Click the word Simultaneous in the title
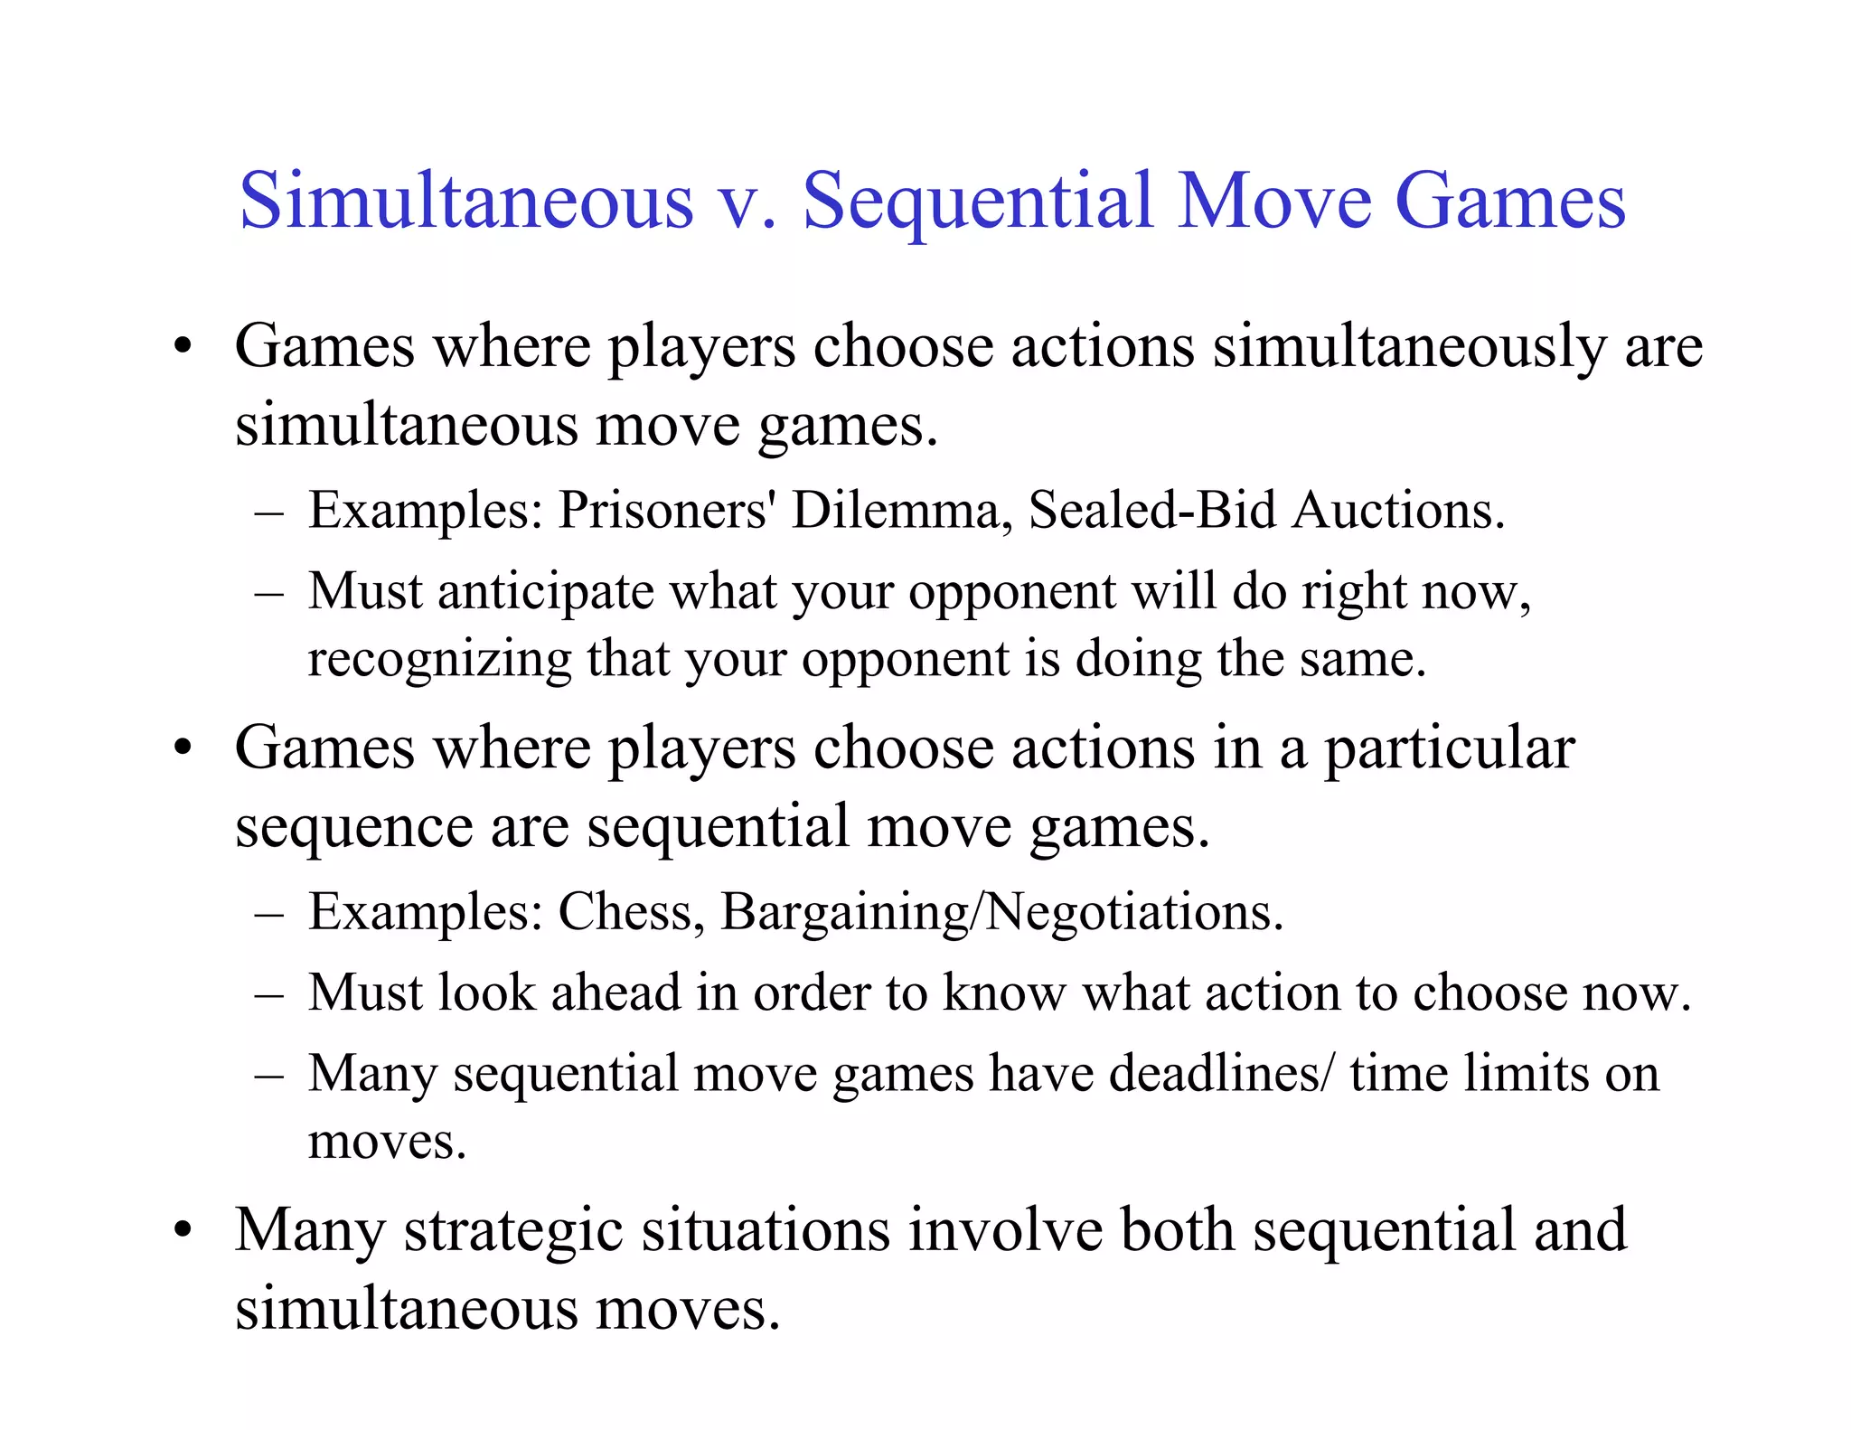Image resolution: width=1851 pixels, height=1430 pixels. pyautogui.click(x=466, y=201)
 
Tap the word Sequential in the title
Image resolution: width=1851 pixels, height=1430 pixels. pyautogui.click(x=979, y=201)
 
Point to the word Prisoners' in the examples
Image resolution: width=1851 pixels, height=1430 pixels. pyautogui.click(x=667, y=511)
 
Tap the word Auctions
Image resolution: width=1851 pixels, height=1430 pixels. pyautogui.click(x=1398, y=511)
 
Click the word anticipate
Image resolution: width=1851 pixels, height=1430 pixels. pyautogui.click(x=545, y=593)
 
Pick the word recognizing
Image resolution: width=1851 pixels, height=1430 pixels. pyautogui.click(x=439, y=660)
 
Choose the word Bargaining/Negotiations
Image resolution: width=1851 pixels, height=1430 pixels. pyautogui.click(x=1001, y=913)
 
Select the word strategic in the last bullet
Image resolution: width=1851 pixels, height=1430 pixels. pyautogui.click(x=513, y=1231)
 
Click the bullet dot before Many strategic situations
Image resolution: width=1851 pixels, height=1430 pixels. pyautogui.click(x=184, y=1231)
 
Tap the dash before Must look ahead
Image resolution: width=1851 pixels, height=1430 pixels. pyautogui.click(x=269, y=994)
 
